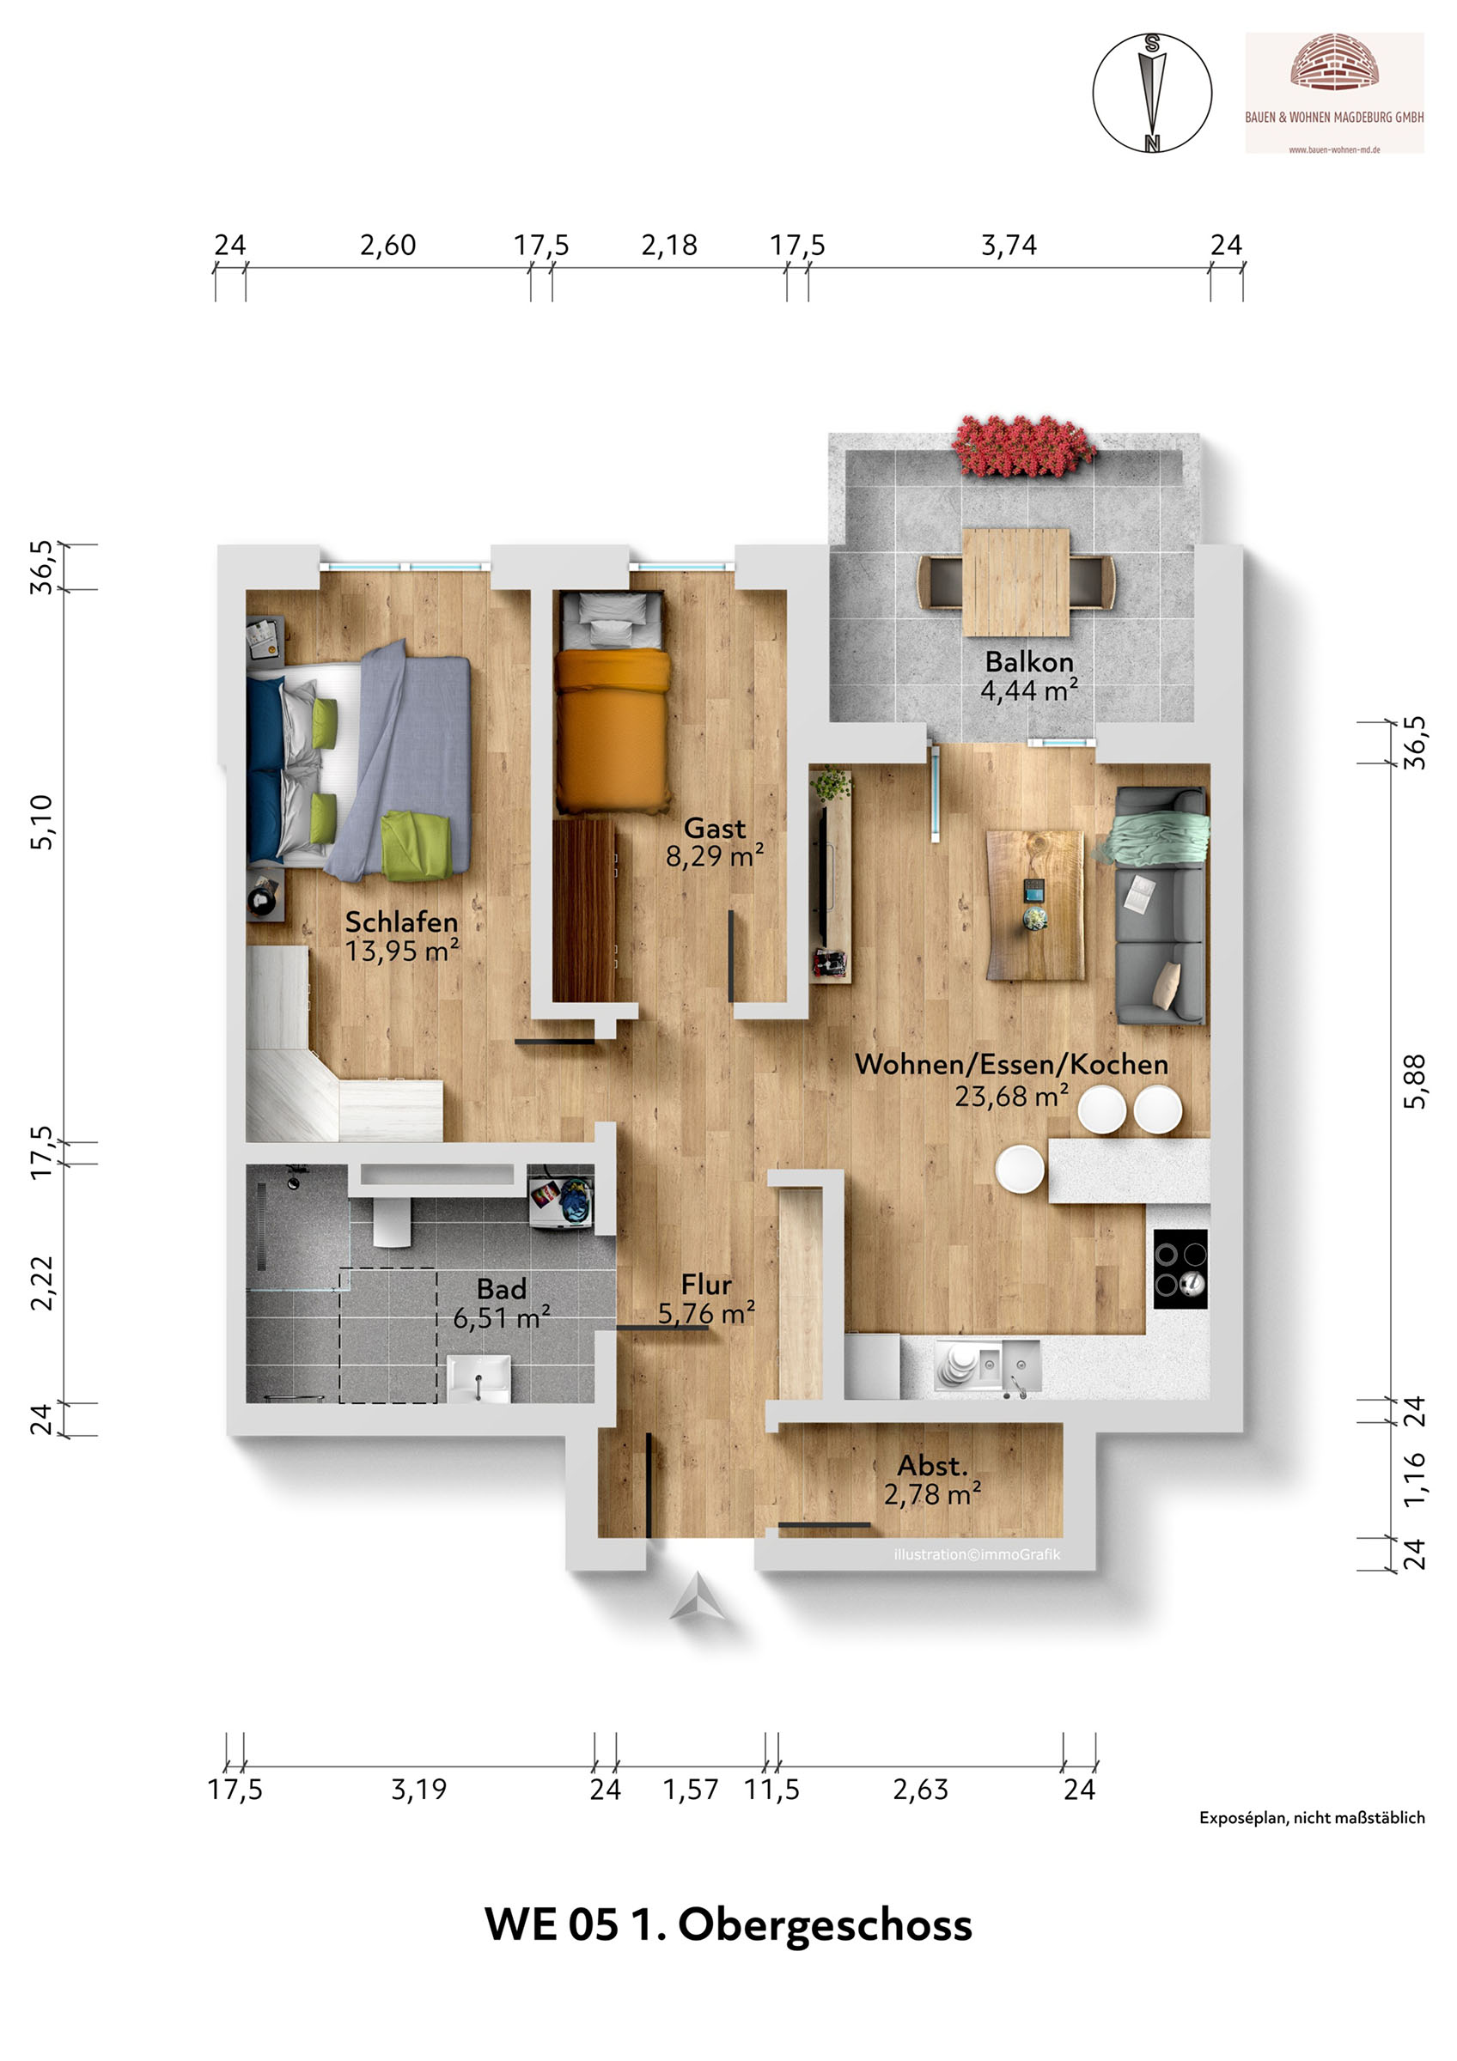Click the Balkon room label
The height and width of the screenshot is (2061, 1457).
(x=1029, y=661)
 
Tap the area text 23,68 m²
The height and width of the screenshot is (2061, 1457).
(x=1012, y=1096)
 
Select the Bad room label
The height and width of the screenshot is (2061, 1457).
(x=501, y=1289)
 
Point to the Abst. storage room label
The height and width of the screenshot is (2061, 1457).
(x=933, y=1466)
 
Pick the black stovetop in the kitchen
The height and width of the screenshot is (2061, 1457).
(x=1180, y=1268)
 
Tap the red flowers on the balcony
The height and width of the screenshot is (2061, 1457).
(x=1024, y=447)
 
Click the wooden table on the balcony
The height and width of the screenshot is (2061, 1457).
(x=1015, y=581)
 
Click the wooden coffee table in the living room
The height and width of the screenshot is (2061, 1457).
(x=1035, y=904)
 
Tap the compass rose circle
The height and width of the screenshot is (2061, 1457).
(x=1152, y=94)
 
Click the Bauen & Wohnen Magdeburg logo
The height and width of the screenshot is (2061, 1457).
(x=1334, y=94)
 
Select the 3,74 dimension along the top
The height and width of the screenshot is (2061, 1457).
(x=1009, y=245)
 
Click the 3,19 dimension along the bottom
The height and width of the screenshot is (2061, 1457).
(x=418, y=1790)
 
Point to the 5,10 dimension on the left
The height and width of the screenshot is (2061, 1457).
(x=42, y=821)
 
